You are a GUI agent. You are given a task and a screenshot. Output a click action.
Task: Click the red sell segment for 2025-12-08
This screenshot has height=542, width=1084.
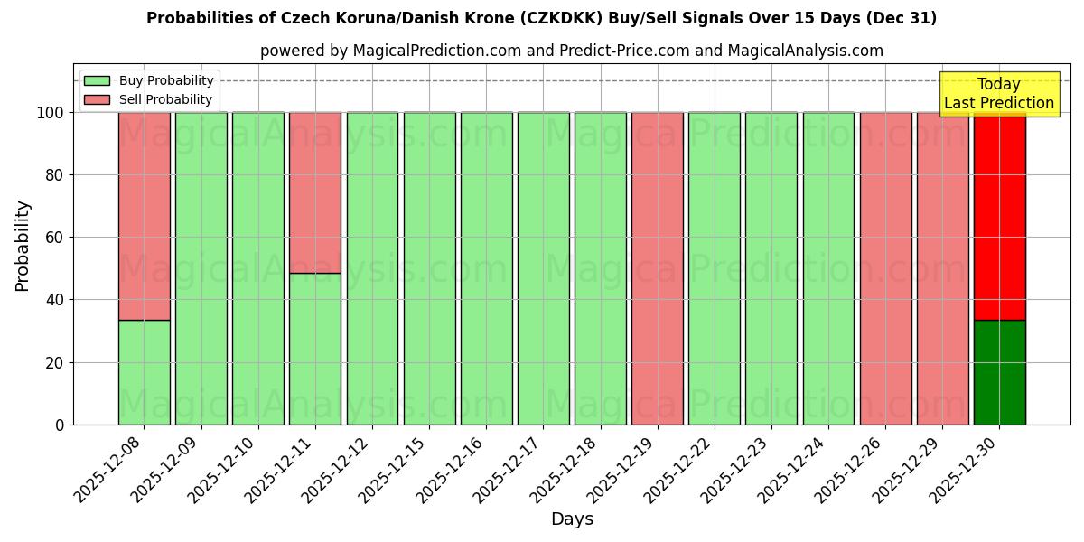[x=144, y=216]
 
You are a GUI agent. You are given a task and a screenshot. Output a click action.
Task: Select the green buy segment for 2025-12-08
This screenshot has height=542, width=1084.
[x=144, y=372]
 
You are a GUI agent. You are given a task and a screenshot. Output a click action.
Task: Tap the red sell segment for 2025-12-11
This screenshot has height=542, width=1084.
[x=315, y=192]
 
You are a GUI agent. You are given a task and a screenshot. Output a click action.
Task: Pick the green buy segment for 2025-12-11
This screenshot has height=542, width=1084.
[x=315, y=349]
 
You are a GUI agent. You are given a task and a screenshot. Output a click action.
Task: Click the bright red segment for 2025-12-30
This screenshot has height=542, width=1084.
[x=999, y=216]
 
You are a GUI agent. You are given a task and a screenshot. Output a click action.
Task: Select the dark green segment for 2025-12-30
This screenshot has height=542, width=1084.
[x=999, y=372]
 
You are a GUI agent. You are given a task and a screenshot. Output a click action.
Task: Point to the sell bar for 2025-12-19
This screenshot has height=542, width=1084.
[x=658, y=268]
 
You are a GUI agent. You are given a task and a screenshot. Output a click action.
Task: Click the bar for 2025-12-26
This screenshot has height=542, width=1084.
[x=885, y=268]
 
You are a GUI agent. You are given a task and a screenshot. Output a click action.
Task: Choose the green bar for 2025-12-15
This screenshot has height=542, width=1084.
[x=429, y=268]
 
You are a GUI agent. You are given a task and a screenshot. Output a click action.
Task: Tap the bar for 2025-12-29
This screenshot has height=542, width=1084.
[x=942, y=268]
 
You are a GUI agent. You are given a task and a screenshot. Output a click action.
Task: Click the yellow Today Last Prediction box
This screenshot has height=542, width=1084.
[x=999, y=94]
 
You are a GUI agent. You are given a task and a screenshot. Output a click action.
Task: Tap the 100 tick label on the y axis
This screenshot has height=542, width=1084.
[x=50, y=113]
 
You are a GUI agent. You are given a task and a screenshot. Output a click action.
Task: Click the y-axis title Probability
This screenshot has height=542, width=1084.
[x=23, y=246]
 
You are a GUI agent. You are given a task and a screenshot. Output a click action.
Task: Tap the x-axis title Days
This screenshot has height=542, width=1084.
[x=572, y=519]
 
